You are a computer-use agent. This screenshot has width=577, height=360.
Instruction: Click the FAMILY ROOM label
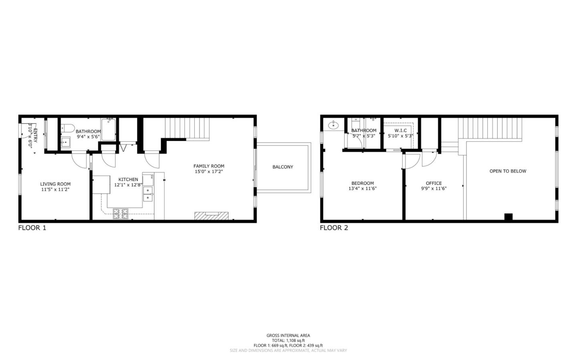[x=209, y=166]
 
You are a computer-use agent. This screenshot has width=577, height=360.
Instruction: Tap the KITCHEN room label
[x=128, y=179]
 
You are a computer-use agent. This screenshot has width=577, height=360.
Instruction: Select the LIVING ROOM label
[x=55, y=184]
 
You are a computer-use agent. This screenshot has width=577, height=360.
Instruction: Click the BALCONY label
[x=282, y=167]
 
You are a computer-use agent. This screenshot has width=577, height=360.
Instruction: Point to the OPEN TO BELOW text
[x=508, y=171]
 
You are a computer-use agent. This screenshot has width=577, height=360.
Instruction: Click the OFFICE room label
[x=434, y=183]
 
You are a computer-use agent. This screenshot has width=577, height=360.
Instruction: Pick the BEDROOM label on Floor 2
[x=363, y=183]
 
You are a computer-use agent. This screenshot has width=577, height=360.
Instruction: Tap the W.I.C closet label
[x=400, y=131]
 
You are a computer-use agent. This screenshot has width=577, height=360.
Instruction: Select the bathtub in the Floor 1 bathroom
[x=108, y=129]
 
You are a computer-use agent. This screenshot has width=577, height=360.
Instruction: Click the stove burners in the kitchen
[x=121, y=214]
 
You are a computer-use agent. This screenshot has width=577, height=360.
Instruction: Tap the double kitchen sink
[x=148, y=194]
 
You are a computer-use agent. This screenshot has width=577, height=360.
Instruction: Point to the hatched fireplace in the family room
[x=211, y=216]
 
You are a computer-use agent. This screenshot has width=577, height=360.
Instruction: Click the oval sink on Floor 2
[x=333, y=125]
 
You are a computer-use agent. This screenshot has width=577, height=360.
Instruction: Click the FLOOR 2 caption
[x=334, y=228]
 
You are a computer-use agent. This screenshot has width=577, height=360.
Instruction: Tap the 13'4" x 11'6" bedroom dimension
[x=363, y=189]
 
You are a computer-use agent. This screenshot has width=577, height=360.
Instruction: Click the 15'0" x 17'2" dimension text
[x=209, y=171]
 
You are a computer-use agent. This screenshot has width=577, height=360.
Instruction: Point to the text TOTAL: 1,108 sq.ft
[x=288, y=340]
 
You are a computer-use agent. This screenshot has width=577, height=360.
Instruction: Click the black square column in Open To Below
[x=508, y=217]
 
